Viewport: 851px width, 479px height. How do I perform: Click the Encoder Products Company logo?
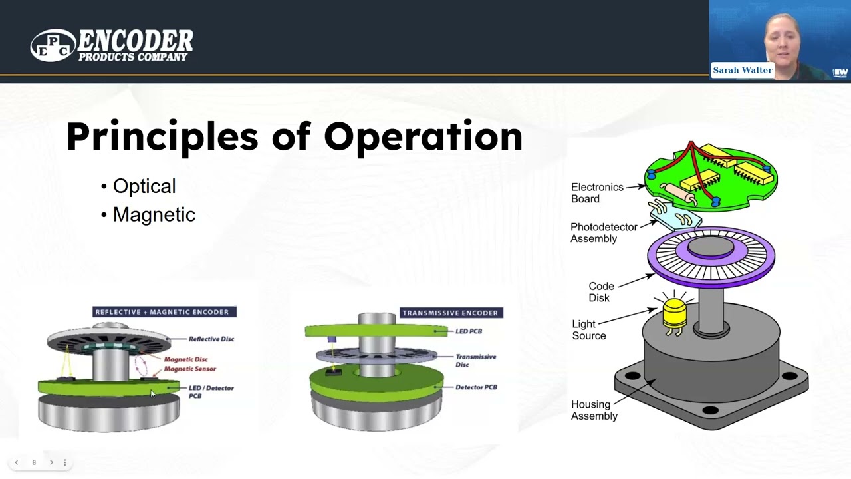click(112, 45)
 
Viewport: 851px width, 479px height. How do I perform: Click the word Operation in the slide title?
click(423, 136)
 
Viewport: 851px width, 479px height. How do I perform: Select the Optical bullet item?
click(144, 186)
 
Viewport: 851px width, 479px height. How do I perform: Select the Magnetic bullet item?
click(154, 215)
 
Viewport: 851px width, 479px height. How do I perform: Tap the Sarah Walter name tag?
click(742, 70)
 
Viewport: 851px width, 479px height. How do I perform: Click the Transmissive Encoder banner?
click(450, 313)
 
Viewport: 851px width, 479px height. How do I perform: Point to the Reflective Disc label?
click(211, 339)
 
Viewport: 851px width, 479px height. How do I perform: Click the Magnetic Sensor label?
click(189, 369)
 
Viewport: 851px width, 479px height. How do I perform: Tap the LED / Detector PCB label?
click(211, 391)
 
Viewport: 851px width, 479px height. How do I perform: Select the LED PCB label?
click(468, 331)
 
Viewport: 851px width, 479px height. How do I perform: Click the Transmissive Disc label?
click(475, 361)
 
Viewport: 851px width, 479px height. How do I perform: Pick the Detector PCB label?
click(476, 387)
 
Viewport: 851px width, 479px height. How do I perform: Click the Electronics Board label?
click(597, 193)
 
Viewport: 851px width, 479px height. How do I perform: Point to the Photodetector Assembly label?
click(604, 233)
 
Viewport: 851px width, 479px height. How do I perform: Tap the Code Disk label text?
click(601, 292)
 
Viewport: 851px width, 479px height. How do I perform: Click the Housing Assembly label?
click(594, 410)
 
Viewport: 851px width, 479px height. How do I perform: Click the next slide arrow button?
click(51, 462)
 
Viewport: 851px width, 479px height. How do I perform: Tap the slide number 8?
click(34, 462)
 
